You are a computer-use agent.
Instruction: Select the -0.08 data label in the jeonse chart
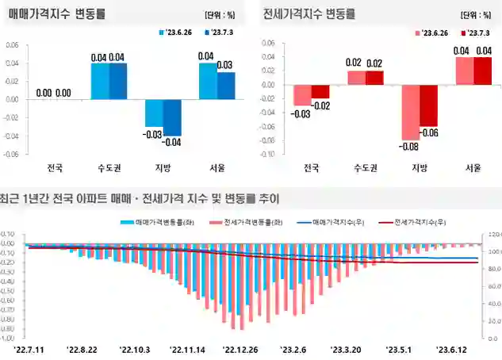coord(409,147)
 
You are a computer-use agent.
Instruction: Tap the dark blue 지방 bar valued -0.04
coord(172,117)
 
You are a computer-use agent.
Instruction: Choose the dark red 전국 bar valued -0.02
coord(320,91)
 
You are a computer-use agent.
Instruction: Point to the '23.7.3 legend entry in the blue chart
coord(221,33)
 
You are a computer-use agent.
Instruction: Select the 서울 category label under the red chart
coord(464,168)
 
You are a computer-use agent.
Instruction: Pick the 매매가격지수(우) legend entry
coord(333,223)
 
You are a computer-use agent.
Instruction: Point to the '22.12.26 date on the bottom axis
coord(240,348)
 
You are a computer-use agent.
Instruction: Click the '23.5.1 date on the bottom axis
coord(400,348)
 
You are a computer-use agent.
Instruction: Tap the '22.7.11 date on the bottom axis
coord(30,348)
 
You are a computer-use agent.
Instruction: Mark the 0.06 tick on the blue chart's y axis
coord(12,44)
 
